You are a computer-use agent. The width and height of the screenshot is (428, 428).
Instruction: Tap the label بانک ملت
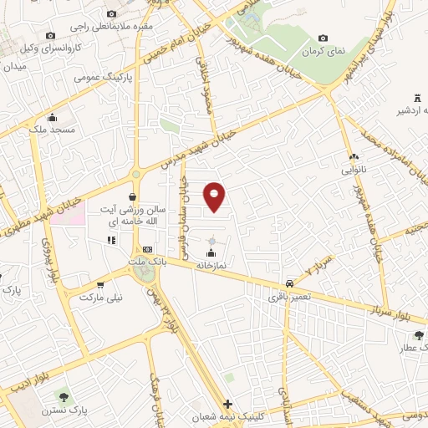[x=142, y=261]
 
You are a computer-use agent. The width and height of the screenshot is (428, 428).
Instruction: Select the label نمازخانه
[x=212, y=265]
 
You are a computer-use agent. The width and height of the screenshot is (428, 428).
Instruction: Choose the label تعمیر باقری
[x=289, y=295]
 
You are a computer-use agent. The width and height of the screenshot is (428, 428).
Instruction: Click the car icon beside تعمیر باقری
[x=289, y=283]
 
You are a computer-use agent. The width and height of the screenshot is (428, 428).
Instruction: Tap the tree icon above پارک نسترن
[x=63, y=395]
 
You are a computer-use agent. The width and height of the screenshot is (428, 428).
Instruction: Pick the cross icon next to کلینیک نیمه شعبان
[x=228, y=404]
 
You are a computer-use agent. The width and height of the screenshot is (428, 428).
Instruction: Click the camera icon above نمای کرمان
[x=323, y=38]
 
